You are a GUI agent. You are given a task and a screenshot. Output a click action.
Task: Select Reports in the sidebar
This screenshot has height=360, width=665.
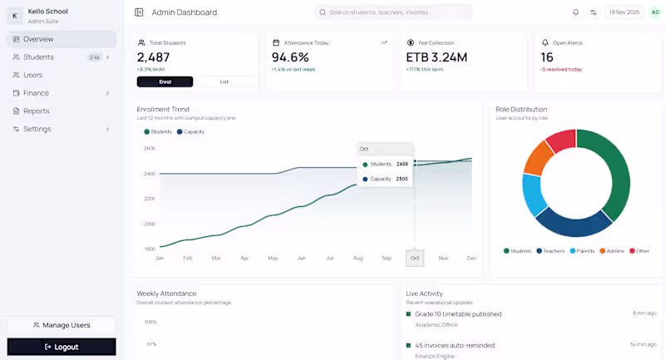pos(36,111)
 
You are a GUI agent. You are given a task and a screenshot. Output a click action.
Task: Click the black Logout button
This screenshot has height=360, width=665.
pos(62,347)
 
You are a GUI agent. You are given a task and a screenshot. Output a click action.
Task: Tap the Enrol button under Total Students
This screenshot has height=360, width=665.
pos(165,81)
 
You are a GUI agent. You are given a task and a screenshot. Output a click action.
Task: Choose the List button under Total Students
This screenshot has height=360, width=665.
pos(224,81)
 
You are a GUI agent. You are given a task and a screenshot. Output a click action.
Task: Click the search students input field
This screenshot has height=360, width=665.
pos(395,12)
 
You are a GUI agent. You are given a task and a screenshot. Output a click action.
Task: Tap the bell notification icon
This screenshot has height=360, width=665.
pos(575,12)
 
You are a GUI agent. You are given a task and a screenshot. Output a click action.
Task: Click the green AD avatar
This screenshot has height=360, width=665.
pos(655,12)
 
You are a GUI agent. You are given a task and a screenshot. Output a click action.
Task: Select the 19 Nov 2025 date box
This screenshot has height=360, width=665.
pos(623,12)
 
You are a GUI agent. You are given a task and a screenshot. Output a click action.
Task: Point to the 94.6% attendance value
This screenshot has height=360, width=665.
pos(290,57)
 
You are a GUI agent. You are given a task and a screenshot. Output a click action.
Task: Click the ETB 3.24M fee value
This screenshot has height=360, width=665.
pos(436,57)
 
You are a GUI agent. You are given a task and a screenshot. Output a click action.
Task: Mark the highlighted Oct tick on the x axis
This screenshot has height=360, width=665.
pos(415,259)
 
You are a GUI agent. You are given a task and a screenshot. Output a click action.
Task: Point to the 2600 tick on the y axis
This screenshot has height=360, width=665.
pos(150,148)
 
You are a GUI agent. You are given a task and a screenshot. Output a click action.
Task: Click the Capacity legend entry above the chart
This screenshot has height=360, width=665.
pos(190,131)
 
